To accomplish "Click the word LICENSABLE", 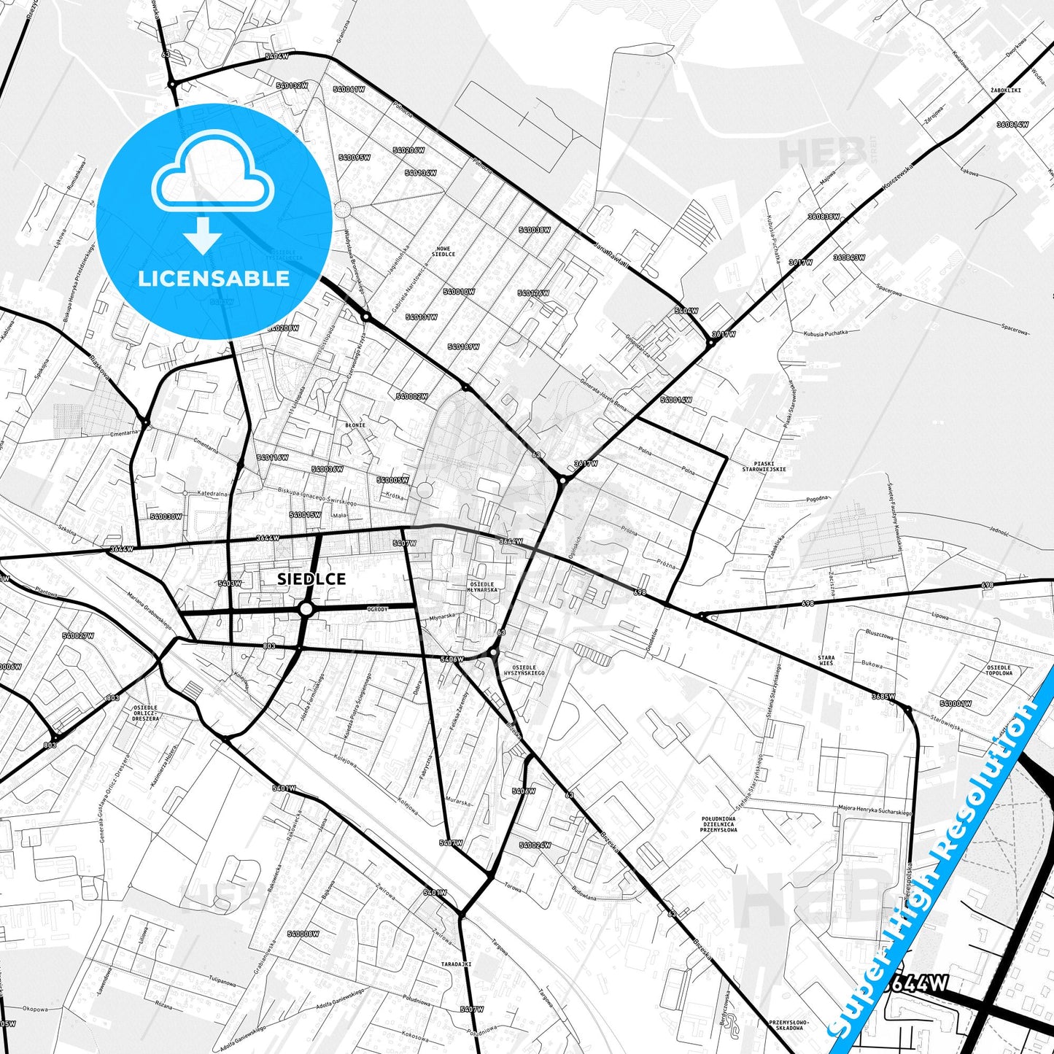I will pos(214,279).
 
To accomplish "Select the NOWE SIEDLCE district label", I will pos(443,251).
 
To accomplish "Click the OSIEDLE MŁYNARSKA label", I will pos(483,586).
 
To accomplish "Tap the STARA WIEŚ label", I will pos(826,661).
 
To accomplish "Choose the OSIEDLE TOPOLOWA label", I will pos(999,670).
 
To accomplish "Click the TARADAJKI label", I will pos(456,964).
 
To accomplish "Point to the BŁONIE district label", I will pos(355,425).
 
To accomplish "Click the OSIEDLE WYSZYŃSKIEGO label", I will pos(528,670).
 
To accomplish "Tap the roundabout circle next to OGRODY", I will pos(306,608).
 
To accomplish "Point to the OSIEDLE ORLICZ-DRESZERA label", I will pos(147,713).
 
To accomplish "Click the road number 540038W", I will pos(535,230).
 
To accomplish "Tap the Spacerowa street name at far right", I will pos(1015,330).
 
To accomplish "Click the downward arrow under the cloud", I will pos(203,235).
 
